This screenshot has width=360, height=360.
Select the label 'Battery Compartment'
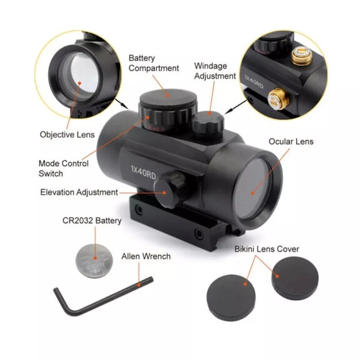pyautogui.click(x=154, y=63)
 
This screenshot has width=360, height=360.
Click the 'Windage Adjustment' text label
pyautogui.click(x=215, y=71)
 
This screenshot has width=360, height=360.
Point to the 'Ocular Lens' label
pyautogui.click(x=291, y=142)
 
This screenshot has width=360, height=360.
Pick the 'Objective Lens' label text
pyautogui.click(x=67, y=135)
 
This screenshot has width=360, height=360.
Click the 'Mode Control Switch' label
pyautogui.click(x=64, y=168)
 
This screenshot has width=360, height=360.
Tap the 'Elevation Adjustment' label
pyautogui.click(x=79, y=192)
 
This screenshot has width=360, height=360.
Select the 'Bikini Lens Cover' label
pyautogui.click(x=267, y=249)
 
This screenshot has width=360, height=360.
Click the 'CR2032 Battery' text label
pyautogui.click(x=92, y=220)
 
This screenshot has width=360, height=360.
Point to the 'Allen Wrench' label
pyautogui.click(x=146, y=256)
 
